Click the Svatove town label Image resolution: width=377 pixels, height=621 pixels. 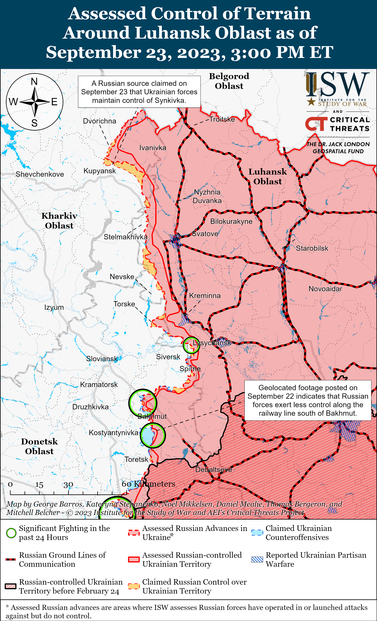click(x=205, y=234)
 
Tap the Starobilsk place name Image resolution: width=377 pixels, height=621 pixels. click(x=312, y=248)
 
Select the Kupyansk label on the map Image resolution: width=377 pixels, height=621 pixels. click(x=99, y=171)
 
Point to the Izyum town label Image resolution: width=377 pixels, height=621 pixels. click(x=54, y=308)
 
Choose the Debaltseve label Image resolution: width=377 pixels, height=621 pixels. click(x=214, y=470)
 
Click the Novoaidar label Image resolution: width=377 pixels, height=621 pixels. click(x=325, y=289)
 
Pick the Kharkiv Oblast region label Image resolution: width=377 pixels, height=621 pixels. click(x=59, y=220)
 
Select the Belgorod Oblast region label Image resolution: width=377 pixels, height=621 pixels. click(x=229, y=81)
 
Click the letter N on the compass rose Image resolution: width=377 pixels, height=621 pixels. click(x=34, y=82)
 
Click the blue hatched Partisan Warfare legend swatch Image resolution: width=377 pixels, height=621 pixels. click(x=257, y=559)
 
